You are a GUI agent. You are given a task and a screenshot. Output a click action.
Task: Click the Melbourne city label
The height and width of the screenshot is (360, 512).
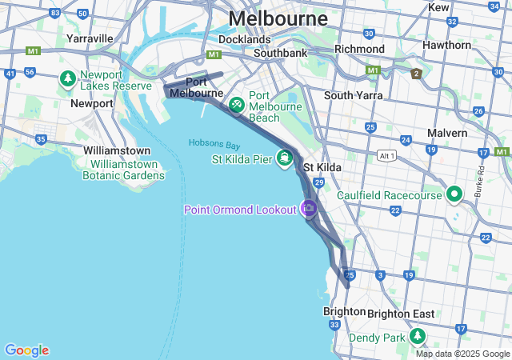[x=278, y=18]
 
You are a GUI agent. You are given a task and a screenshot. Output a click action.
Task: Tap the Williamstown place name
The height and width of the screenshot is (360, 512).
[x=117, y=150]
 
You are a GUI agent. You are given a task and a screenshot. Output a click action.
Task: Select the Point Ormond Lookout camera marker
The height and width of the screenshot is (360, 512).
[x=309, y=208]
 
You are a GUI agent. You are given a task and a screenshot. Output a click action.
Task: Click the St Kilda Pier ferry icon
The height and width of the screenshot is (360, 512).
[x=284, y=158]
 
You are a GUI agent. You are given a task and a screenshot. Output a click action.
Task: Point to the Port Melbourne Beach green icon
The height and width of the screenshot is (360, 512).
[x=237, y=105]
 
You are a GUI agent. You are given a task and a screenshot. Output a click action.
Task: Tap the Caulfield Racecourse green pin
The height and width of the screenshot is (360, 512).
[x=454, y=194]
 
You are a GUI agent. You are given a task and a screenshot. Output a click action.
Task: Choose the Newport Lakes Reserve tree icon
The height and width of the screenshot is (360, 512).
[x=68, y=79]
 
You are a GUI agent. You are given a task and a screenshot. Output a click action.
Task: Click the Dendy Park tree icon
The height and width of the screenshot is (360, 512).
[x=418, y=337]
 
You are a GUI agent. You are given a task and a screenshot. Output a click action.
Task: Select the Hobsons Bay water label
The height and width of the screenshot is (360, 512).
[x=214, y=144]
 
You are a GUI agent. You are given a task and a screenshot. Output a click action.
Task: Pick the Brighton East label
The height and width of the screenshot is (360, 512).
[x=401, y=314]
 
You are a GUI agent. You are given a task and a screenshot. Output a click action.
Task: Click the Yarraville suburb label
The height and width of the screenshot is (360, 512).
[x=90, y=38]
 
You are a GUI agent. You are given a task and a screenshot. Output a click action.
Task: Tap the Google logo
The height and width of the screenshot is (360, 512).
[x=26, y=350]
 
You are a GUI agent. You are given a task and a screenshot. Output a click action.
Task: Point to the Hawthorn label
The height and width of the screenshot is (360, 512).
[x=447, y=45]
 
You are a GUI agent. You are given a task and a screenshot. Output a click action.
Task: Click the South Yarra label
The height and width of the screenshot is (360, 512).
[x=353, y=95]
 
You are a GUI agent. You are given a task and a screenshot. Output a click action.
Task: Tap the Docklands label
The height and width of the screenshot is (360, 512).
[x=244, y=38]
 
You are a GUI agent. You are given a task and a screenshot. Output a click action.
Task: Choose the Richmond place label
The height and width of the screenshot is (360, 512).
[x=359, y=49]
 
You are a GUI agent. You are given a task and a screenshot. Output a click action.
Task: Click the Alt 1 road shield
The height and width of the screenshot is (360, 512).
[x=388, y=154]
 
